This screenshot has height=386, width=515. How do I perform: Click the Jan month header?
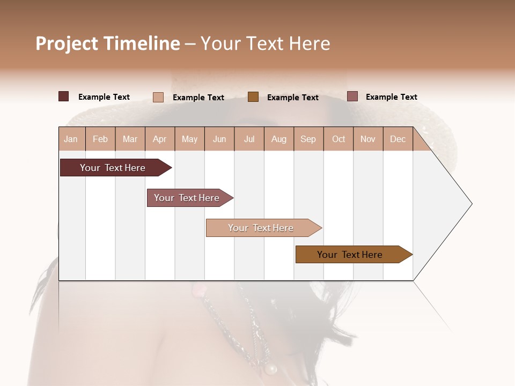tap(71, 139)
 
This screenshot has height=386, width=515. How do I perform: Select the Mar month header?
tap(130, 139)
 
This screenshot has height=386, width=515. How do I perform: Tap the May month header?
tap(189, 139)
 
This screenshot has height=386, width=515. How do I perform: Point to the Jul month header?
tap(249, 139)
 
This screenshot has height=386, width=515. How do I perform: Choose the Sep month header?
tap(308, 139)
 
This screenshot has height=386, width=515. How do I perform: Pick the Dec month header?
tap(398, 139)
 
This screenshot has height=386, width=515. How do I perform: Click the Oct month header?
tap(339, 139)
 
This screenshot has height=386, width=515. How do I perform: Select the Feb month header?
tap(100, 139)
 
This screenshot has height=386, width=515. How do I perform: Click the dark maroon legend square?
tap(63, 96)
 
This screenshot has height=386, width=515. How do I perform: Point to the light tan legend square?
tap(158, 97)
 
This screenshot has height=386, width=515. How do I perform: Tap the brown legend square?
tap(253, 96)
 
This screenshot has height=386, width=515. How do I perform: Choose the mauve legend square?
tap(352, 96)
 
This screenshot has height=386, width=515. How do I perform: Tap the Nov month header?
tap(368, 139)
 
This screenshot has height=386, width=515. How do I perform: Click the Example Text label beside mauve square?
tap(391, 97)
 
